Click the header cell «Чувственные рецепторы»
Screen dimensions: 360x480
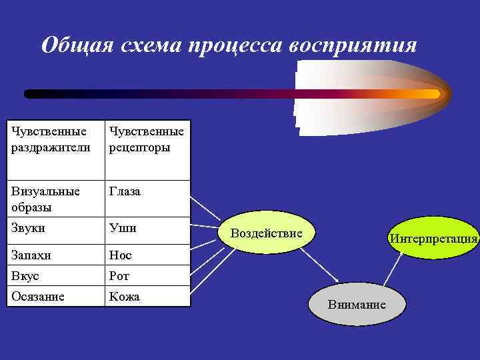pyautogui.click(x=147, y=139)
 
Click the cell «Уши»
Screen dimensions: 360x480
pyautogui.click(x=147, y=229)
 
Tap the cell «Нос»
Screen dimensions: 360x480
pyautogui.click(x=147, y=255)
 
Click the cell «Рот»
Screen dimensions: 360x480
pyautogui.click(x=147, y=276)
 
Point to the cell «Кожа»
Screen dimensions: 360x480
pyautogui.click(x=147, y=297)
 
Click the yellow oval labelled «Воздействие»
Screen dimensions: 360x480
pyautogui.click(x=267, y=233)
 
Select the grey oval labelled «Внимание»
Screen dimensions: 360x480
pyautogui.click(x=357, y=304)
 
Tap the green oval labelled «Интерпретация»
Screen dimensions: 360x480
pyautogui.click(x=433, y=238)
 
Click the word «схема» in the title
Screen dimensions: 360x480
pyautogui.click(x=149, y=45)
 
